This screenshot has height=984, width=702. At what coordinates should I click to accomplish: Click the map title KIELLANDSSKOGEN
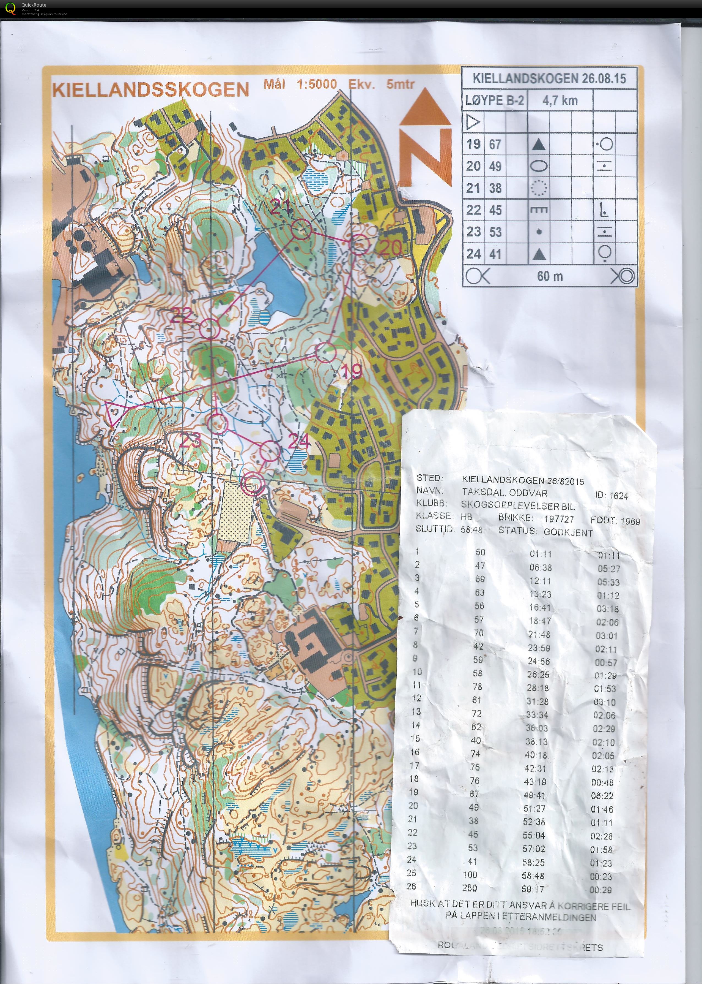150,89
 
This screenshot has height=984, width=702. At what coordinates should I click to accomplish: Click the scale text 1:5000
316,84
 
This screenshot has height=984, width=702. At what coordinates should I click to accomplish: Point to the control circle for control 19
325,352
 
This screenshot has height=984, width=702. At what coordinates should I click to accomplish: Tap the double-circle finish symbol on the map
252,483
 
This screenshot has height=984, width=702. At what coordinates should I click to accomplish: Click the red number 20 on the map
391,248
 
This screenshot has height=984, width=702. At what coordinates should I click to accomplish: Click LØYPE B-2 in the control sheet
495,101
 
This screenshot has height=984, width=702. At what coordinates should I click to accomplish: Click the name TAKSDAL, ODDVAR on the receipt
504,493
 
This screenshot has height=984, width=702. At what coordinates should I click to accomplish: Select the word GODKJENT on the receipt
568,532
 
